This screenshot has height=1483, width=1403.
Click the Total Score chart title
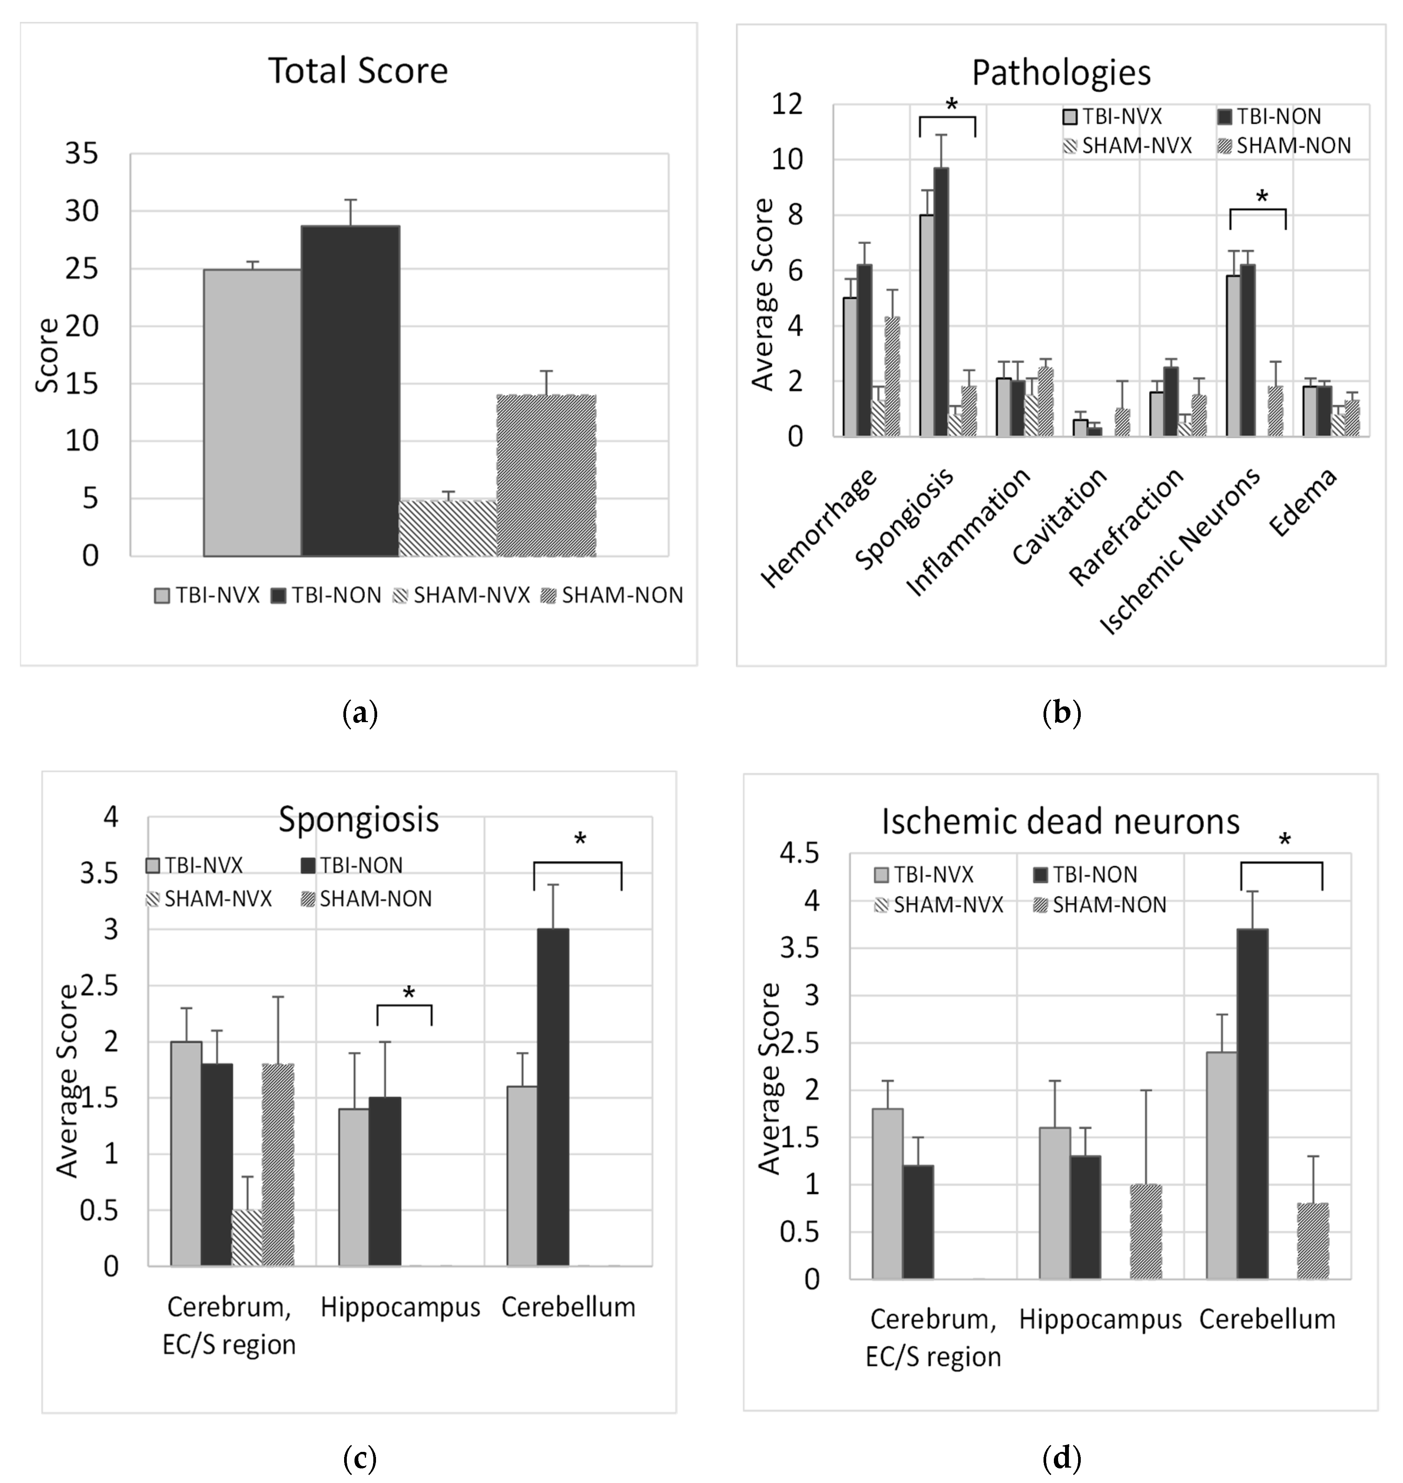tap(358, 71)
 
